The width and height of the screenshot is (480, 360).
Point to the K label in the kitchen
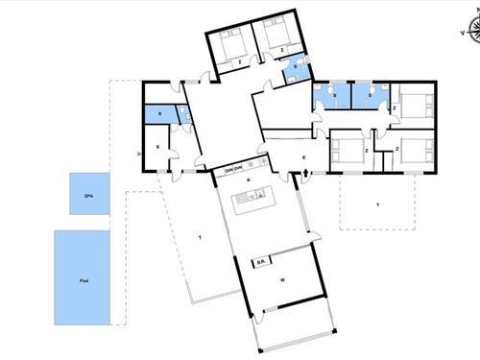250,180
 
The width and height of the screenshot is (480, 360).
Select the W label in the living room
282,280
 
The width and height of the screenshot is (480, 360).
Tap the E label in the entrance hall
303,156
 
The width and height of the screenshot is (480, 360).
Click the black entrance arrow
305,174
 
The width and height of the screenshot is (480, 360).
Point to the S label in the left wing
156,147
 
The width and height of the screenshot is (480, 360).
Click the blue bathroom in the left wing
159,114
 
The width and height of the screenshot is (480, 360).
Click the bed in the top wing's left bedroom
231,42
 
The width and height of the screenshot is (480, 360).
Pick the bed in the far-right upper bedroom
414,104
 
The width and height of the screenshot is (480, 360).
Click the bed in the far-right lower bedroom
414,149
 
